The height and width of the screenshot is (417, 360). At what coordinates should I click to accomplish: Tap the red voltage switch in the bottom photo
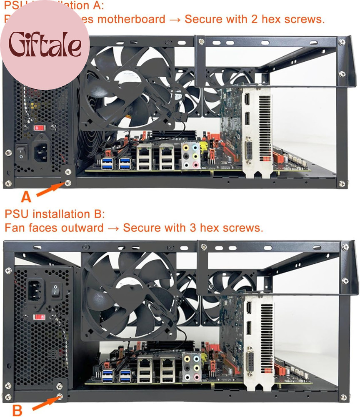[40, 317]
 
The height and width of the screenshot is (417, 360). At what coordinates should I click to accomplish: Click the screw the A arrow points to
[68, 183]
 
